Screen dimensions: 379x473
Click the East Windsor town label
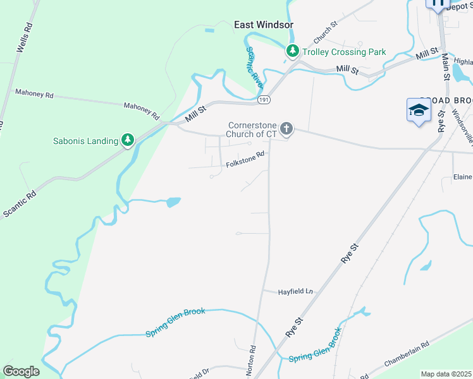264,25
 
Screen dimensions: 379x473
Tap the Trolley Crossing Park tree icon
292,51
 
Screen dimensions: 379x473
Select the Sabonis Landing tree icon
128,139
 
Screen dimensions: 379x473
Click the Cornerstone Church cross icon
286,129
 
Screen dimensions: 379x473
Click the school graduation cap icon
419,111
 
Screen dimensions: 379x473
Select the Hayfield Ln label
296,291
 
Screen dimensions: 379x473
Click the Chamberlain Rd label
407,355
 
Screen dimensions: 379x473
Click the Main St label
446,66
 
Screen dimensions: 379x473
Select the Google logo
21,371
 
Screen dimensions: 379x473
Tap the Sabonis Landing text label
86,141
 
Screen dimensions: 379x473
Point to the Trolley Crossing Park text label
344,52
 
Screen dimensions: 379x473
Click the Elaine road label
463,177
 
